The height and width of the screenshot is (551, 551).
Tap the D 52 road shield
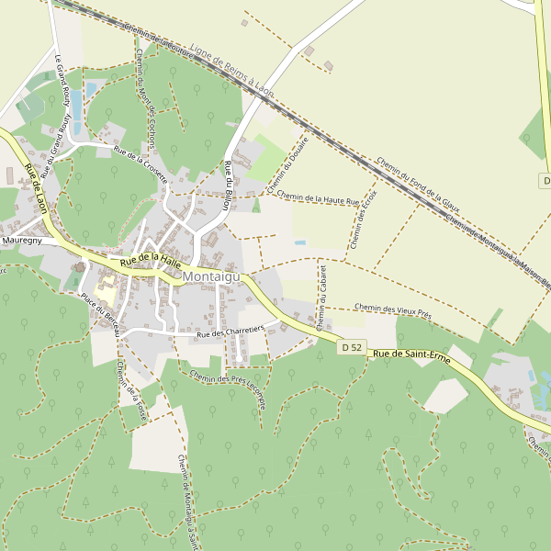click(x=350, y=347)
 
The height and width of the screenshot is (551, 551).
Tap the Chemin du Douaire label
click(x=286, y=165)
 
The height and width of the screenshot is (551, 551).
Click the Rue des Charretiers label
click(x=231, y=332)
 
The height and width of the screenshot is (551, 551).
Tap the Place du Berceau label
click(x=100, y=313)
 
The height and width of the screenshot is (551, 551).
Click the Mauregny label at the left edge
click(x=22, y=240)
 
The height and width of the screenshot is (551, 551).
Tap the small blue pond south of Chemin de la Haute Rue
click(x=300, y=242)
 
